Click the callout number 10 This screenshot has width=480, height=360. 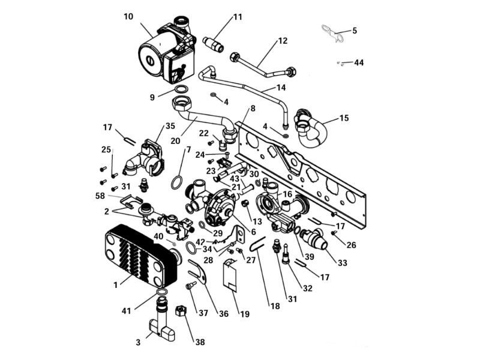(x=128, y=16)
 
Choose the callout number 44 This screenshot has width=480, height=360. (x=359, y=62)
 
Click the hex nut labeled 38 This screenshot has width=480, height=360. (x=179, y=312)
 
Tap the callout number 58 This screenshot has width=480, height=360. (x=99, y=196)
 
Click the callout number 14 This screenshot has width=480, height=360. (x=281, y=88)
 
